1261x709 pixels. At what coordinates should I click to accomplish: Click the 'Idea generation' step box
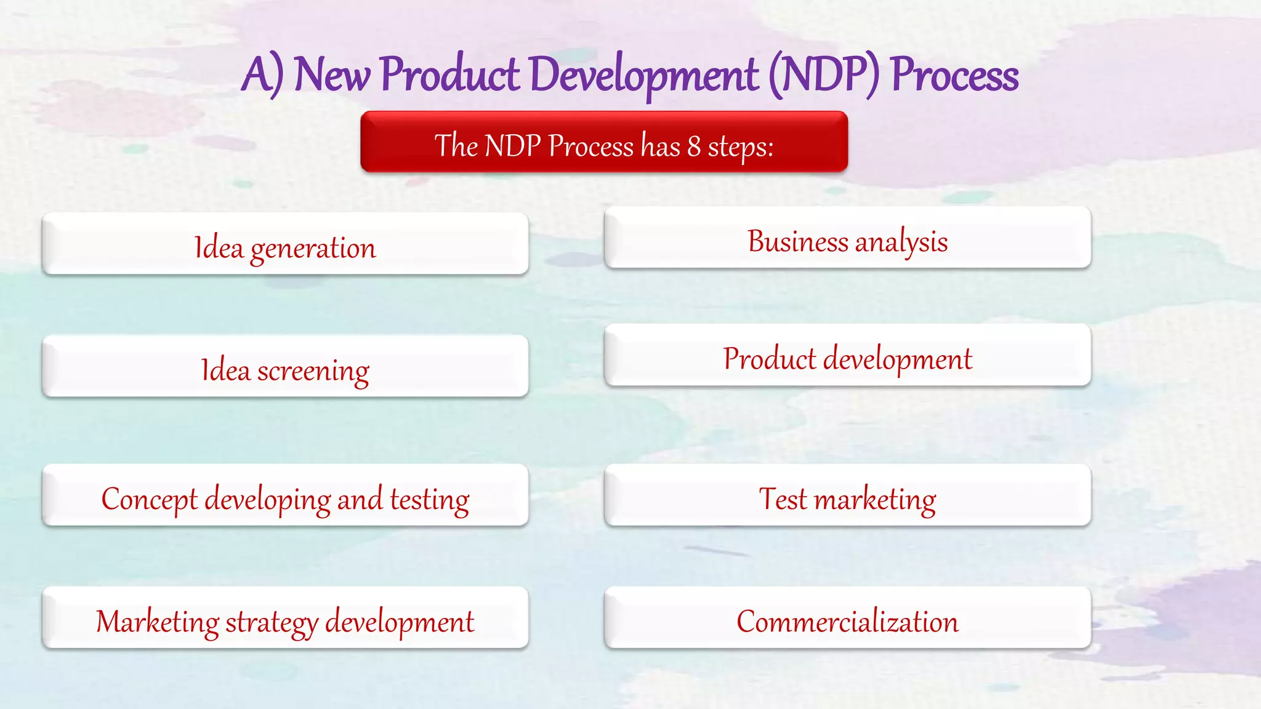point(285,244)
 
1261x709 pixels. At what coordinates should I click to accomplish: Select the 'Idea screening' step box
point(285,367)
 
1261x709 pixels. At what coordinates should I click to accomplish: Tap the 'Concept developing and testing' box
point(285,495)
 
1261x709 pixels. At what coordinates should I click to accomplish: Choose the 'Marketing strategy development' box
point(285,618)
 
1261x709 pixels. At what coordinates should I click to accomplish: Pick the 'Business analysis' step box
point(847,238)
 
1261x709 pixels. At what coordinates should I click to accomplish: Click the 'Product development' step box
point(847,356)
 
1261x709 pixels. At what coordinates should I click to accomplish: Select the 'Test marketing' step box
point(847,495)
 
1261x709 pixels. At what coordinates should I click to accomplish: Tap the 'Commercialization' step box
point(847,618)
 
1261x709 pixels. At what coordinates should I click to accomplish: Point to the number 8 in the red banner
point(694,146)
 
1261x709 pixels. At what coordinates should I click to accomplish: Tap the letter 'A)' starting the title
point(262,75)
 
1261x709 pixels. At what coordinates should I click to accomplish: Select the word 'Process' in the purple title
point(954,75)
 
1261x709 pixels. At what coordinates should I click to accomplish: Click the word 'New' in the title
point(332,75)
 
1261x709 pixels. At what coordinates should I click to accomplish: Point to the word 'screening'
point(313,372)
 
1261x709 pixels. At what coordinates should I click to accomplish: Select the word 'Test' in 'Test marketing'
point(783,499)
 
